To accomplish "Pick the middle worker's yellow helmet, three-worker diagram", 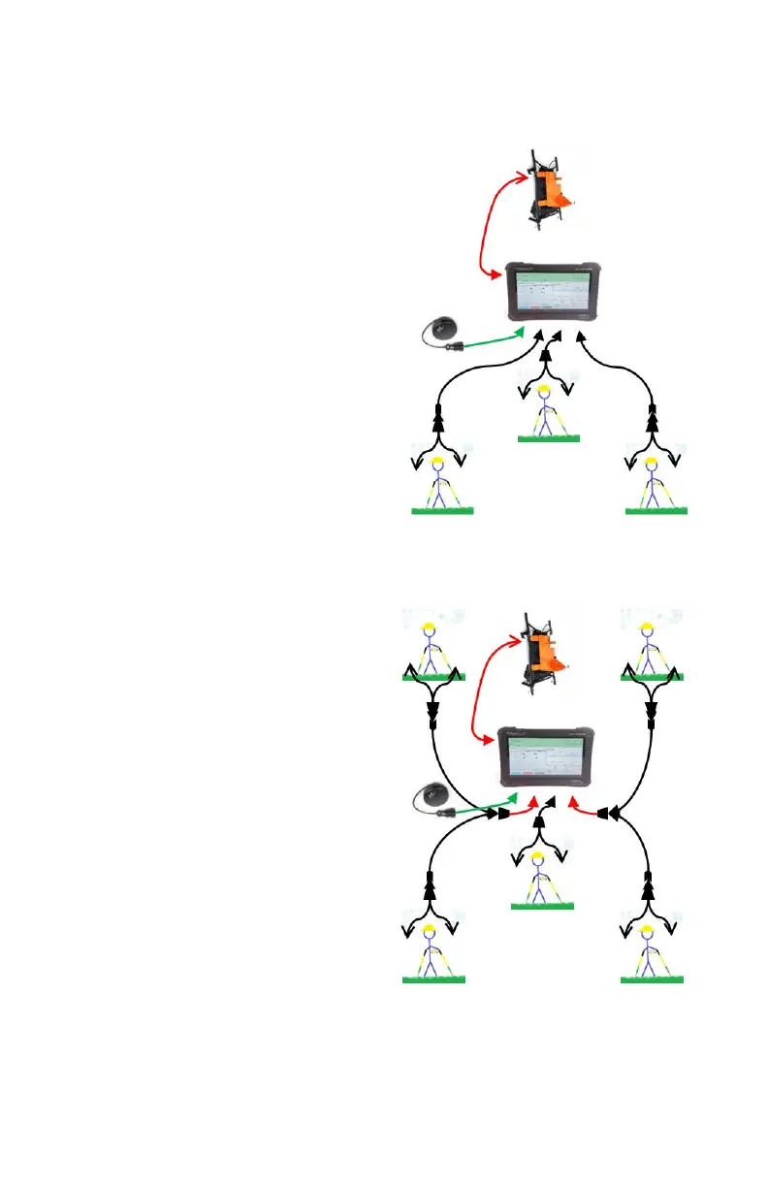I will point(546,393).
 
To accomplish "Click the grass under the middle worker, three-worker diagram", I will point(549,439).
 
